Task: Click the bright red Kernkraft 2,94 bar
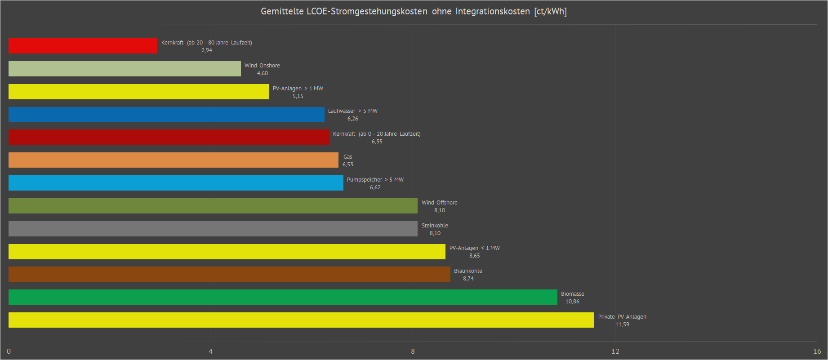pos(83,46)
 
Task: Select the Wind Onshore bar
pos(125,69)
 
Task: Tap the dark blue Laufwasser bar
pos(166,115)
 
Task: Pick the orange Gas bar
pos(173,160)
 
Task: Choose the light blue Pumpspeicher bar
pos(176,183)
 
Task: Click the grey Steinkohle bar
pos(213,229)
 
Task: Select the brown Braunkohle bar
pos(229,274)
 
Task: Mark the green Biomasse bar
pos(283,297)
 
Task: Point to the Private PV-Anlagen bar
pos(301,320)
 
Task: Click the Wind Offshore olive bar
pos(213,206)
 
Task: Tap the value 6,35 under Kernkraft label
pos(377,142)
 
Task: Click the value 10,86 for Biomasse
pos(572,302)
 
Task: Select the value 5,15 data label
pos(298,96)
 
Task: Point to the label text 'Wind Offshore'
pos(439,203)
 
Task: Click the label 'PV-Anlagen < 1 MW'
pos(474,248)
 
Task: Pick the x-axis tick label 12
pos(615,351)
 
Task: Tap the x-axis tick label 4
pos(210,351)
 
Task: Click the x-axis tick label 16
pos(817,351)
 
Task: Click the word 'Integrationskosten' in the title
pos(492,11)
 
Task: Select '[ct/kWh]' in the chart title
pos(550,11)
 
